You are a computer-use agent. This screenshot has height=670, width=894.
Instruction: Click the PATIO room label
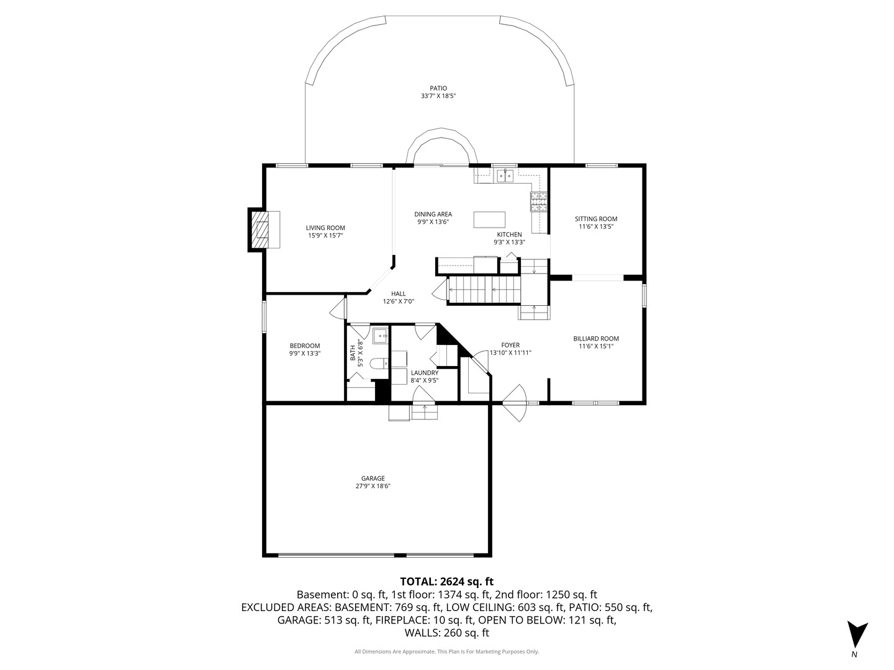[x=438, y=88]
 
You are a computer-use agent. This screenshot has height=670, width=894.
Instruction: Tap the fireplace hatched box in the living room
[x=260, y=230]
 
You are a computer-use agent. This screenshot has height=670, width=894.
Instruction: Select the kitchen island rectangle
[x=489, y=220]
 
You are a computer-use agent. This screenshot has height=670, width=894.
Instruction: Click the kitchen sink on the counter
[x=505, y=176]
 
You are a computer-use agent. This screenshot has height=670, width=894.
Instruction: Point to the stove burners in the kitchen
[x=538, y=202]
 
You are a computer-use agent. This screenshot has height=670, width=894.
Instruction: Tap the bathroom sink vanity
[x=381, y=336]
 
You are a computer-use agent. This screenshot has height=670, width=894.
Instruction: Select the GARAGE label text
[x=372, y=478]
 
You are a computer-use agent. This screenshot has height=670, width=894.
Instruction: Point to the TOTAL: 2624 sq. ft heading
[x=447, y=581]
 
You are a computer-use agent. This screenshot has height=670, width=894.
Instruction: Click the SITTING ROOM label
[x=596, y=219]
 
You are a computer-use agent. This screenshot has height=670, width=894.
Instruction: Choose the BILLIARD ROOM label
[x=596, y=339]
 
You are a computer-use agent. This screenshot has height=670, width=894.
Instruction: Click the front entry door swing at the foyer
[x=515, y=403]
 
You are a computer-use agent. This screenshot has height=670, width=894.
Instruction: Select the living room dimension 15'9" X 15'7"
[x=325, y=236]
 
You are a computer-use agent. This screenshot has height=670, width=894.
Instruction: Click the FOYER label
[x=510, y=346]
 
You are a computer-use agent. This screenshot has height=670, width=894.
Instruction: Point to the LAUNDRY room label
[x=425, y=373]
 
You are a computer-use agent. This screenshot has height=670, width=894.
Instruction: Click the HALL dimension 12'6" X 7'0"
[x=399, y=301]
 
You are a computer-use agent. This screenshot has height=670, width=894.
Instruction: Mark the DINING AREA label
[x=433, y=215]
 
